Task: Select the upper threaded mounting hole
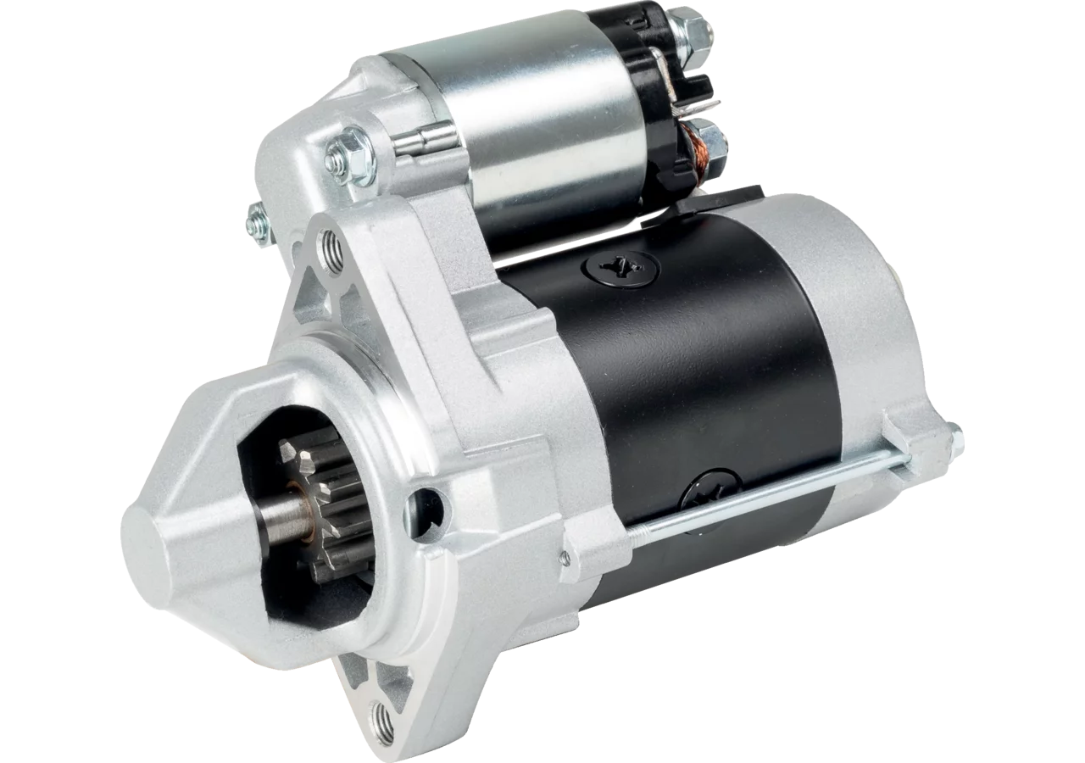pos(332,251)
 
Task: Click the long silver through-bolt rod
pos(763,496)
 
